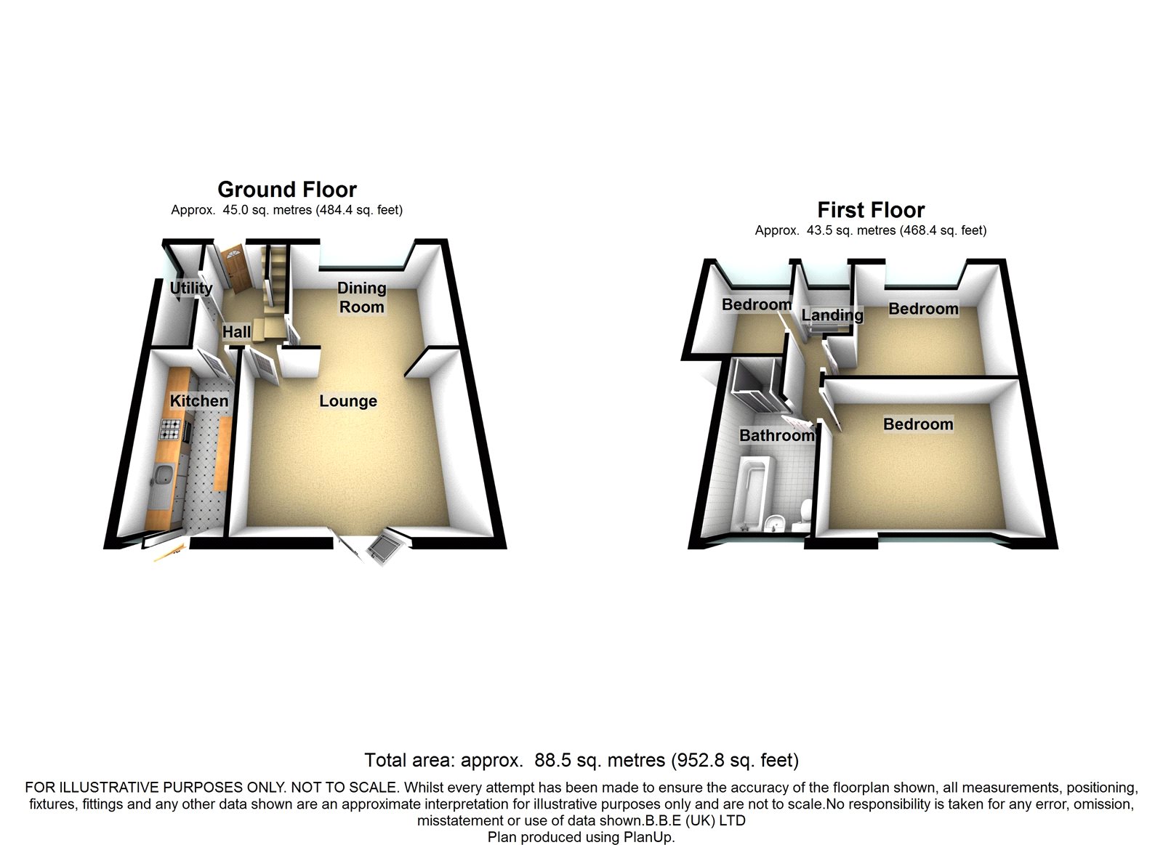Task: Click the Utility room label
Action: click(191, 288)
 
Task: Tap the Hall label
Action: click(236, 332)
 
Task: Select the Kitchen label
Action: click(198, 400)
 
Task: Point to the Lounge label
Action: click(348, 401)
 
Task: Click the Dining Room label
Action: click(361, 297)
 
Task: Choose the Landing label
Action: click(832, 315)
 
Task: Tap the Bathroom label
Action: click(776, 435)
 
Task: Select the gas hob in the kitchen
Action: click(171, 430)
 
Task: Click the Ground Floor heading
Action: click(287, 190)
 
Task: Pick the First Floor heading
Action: click(871, 210)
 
